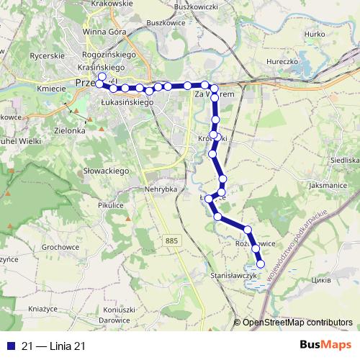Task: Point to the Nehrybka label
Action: tap(160, 188)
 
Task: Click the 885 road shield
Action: tap(171, 239)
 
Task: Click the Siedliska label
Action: tap(343, 160)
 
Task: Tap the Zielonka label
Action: tap(71, 132)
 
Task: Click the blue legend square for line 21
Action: tap(8, 346)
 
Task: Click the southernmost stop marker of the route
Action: tap(261, 264)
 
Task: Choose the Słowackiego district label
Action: tap(106, 171)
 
